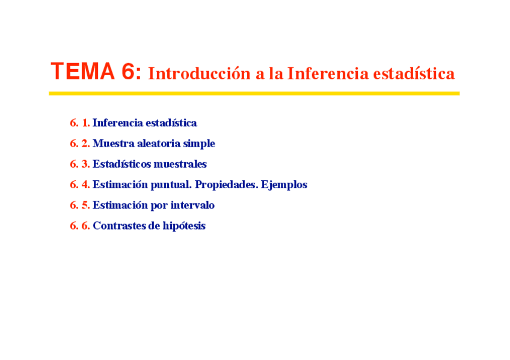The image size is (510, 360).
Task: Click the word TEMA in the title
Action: [83, 71]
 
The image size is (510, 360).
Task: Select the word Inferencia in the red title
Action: [328, 73]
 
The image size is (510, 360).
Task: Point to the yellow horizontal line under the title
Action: [254, 94]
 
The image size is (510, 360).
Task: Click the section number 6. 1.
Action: [79, 123]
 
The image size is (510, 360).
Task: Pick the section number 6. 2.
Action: [79, 143]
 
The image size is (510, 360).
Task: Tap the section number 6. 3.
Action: [79, 164]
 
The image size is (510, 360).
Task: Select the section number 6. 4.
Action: [79, 185]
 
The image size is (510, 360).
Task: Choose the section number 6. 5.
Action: [79, 205]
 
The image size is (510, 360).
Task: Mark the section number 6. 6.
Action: [79, 225]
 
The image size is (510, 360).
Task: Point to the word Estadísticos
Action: [122, 163]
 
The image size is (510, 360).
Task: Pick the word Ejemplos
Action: [284, 185]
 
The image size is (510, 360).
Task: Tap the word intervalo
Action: [192, 205]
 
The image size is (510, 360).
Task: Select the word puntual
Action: [171, 185]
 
